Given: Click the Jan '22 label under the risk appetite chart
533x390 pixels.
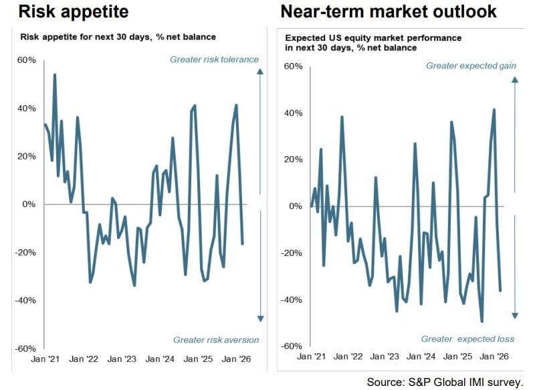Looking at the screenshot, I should [x=84, y=359].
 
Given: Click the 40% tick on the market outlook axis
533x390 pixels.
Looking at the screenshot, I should [x=294, y=113].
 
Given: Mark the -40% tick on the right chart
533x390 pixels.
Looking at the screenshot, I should [x=292, y=300].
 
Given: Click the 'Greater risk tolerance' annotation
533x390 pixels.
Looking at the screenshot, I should [x=214, y=60].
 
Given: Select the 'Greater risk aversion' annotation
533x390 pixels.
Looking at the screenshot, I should [x=215, y=340].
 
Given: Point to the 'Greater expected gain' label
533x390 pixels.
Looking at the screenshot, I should [x=471, y=66].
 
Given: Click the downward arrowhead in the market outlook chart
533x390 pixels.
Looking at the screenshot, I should [x=515, y=316].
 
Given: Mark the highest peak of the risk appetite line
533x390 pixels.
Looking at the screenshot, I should [x=54, y=74].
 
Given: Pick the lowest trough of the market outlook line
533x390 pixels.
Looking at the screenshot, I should [x=482, y=322].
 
